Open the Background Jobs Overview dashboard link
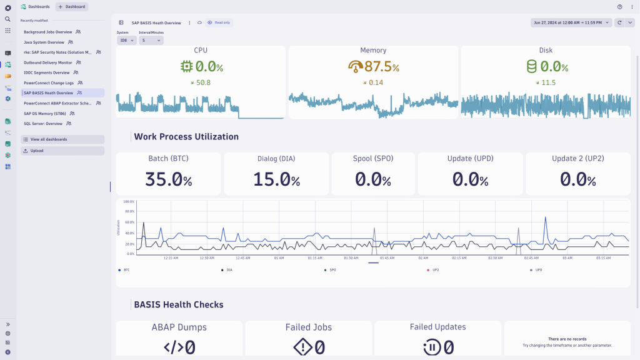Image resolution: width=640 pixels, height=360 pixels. point(47,31)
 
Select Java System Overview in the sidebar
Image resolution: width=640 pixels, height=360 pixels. point(44,42)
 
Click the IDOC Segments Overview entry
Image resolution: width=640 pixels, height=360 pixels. point(46,72)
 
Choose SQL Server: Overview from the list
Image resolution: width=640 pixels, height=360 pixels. point(42,124)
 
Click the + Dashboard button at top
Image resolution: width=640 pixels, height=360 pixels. point(72,6)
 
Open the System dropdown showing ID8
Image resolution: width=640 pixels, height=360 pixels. point(126,40)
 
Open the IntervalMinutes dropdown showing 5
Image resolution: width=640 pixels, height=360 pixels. point(151,40)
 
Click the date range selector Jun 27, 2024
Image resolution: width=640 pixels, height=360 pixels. point(571,22)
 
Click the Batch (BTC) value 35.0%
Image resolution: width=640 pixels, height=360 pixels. point(168,179)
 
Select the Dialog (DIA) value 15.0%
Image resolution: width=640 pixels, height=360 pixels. point(276,179)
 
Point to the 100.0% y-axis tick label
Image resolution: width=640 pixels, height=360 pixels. point(129,202)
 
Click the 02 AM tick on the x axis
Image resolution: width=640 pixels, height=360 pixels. point(423,257)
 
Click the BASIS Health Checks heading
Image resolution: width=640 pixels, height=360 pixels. point(178,305)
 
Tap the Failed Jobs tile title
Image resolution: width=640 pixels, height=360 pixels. point(309,327)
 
